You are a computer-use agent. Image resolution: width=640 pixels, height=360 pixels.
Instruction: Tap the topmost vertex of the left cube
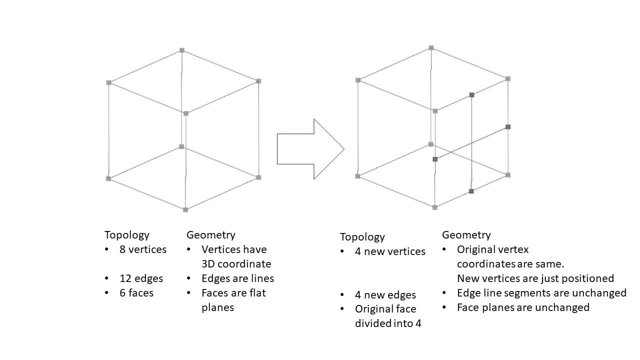(182, 50)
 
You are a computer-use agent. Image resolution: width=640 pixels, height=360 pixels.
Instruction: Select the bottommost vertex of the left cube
(185, 209)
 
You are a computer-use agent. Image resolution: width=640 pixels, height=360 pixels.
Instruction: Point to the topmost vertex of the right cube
(431, 48)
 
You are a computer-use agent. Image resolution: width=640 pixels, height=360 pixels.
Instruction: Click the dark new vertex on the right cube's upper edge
(471, 94)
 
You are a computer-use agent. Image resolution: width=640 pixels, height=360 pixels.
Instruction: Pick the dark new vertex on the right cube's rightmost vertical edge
(508, 127)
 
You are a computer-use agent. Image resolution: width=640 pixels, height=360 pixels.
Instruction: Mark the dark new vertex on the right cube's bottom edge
(471, 191)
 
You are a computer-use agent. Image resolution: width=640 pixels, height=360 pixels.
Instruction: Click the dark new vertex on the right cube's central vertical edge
(435, 159)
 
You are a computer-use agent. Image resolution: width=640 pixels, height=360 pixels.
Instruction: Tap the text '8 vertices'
(142, 249)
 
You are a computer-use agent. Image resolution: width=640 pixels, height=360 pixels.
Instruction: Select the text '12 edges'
(141, 278)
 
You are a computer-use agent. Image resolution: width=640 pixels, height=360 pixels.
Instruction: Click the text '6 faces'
(136, 293)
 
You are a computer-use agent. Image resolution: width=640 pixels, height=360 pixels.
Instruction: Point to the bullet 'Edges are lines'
(237, 278)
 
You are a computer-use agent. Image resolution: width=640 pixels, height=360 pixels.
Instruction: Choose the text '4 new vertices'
(390, 251)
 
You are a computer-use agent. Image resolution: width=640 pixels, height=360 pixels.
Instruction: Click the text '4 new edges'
(385, 295)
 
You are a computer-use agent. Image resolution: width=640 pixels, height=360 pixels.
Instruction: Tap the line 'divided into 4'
(388, 323)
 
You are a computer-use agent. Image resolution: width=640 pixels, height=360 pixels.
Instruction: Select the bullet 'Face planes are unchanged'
(523, 307)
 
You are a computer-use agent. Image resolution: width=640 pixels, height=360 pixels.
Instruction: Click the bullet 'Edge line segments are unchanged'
(541, 293)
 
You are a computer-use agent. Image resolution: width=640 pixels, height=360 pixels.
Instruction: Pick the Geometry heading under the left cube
(210, 235)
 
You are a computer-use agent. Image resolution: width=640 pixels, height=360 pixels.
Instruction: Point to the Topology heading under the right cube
(362, 237)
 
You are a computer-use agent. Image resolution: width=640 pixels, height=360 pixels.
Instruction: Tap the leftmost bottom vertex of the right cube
(357, 176)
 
